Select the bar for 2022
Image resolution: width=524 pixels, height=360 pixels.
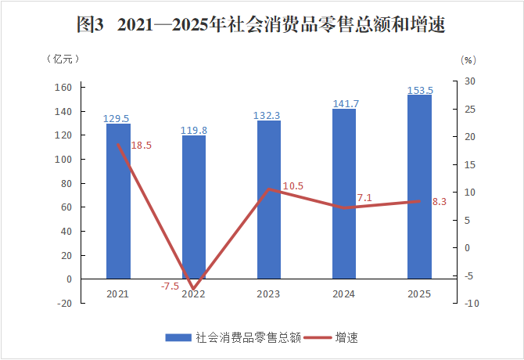click(193, 207)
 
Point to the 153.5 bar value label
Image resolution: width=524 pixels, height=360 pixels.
click(420, 90)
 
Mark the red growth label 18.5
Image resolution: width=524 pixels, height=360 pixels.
click(142, 146)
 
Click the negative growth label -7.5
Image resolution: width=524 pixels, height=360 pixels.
click(170, 286)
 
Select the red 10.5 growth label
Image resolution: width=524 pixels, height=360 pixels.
click(293, 186)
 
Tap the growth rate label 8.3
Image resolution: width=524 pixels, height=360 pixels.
click(439, 201)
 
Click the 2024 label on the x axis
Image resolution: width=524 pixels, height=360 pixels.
click(343, 294)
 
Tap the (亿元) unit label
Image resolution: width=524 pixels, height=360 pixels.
click(63, 58)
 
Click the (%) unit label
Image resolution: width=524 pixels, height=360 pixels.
click(468, 59)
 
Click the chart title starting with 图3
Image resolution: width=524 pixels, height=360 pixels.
click(261, 25)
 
